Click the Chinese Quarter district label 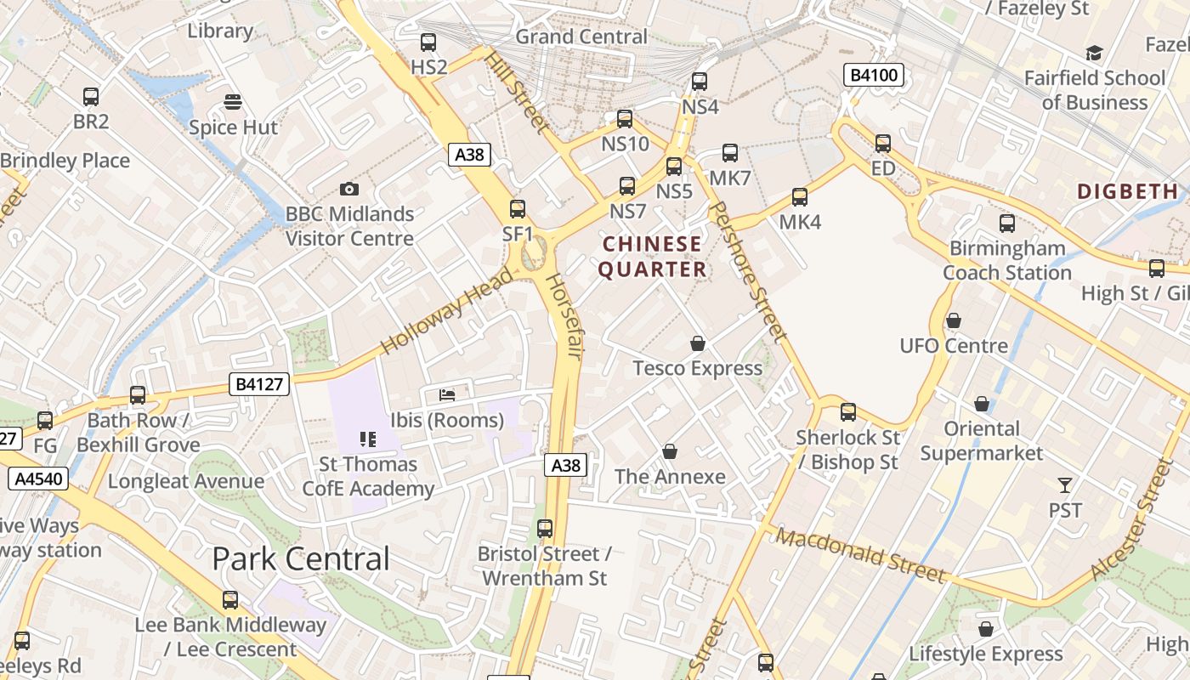[x=652, y=257]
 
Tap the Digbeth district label [x=1127, y=191]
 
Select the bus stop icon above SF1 [x=517, y=208]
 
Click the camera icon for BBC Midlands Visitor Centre [x=348, y=189]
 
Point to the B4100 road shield [x=873, y=76]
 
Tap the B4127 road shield [x=259, y=385]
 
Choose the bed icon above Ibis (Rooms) [x=447, y=394]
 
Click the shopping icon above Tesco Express [x=698, y=343]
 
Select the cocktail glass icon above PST [x=1065, y=485]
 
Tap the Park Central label [x=300, y=558]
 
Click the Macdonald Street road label [x=860, y=556]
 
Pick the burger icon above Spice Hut [x=233, y=102]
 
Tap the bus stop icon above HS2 [x=428, y=42]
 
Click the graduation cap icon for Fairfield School [x=1094, y=54]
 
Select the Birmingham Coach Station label [x=1007, y=260]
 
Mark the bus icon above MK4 [x=800, y=197]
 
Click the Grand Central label [x=581, y=37]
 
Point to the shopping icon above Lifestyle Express [x=986, y=629]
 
